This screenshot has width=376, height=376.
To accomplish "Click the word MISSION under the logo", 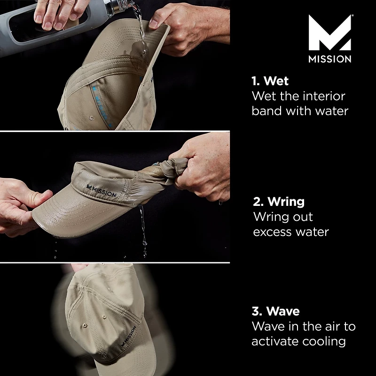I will click(329, 59).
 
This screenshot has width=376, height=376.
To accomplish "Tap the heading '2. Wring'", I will click(279, 202).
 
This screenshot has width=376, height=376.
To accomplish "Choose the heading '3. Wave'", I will click(276, 311).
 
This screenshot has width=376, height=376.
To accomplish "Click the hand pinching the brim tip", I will click(23, 207).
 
